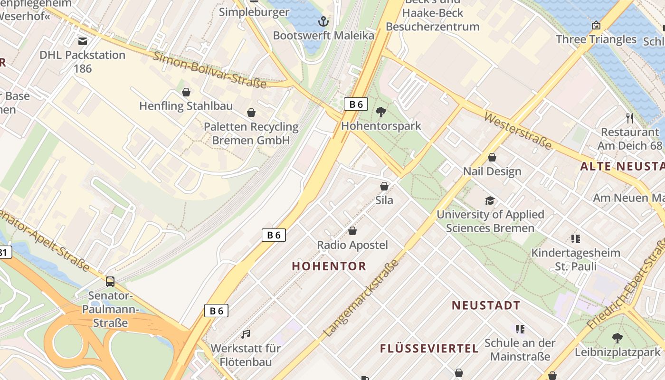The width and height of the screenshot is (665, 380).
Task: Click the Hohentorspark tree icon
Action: [x=380, y=112]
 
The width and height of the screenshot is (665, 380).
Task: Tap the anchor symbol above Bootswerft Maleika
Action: [x=323, y=21]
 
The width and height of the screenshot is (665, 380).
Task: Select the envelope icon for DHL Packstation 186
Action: [x=83, y=41]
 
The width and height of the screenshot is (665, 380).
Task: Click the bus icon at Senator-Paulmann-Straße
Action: [x=110, y=281]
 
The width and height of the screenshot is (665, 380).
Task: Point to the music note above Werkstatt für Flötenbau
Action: [x=246, y=334]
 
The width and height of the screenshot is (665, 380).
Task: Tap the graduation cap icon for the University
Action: [x=490, y=200]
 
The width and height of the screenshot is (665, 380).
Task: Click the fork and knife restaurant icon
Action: [x=630, y=118]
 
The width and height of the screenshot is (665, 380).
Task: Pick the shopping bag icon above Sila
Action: [x=384, y=186]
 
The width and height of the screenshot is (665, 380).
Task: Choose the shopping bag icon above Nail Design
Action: [x=492, y=157]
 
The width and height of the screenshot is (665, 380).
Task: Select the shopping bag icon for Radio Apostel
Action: [x=352, y=231]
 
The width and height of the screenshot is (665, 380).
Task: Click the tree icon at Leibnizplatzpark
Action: [x=617, y=338]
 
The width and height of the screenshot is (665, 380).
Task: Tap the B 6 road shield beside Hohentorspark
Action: [x=356, y=104]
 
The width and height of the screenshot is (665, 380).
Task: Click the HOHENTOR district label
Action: [x=329, y=266]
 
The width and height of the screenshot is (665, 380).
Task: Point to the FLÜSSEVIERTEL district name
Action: [x=429, y=348]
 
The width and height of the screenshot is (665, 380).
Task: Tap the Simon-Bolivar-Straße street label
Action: [x=209, y=69]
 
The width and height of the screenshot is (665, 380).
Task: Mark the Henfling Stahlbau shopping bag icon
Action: [x=186, y=92]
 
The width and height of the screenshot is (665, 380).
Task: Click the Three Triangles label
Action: [x=596, y=39]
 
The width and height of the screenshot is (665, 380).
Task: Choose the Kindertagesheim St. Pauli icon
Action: [x=576, y=238]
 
